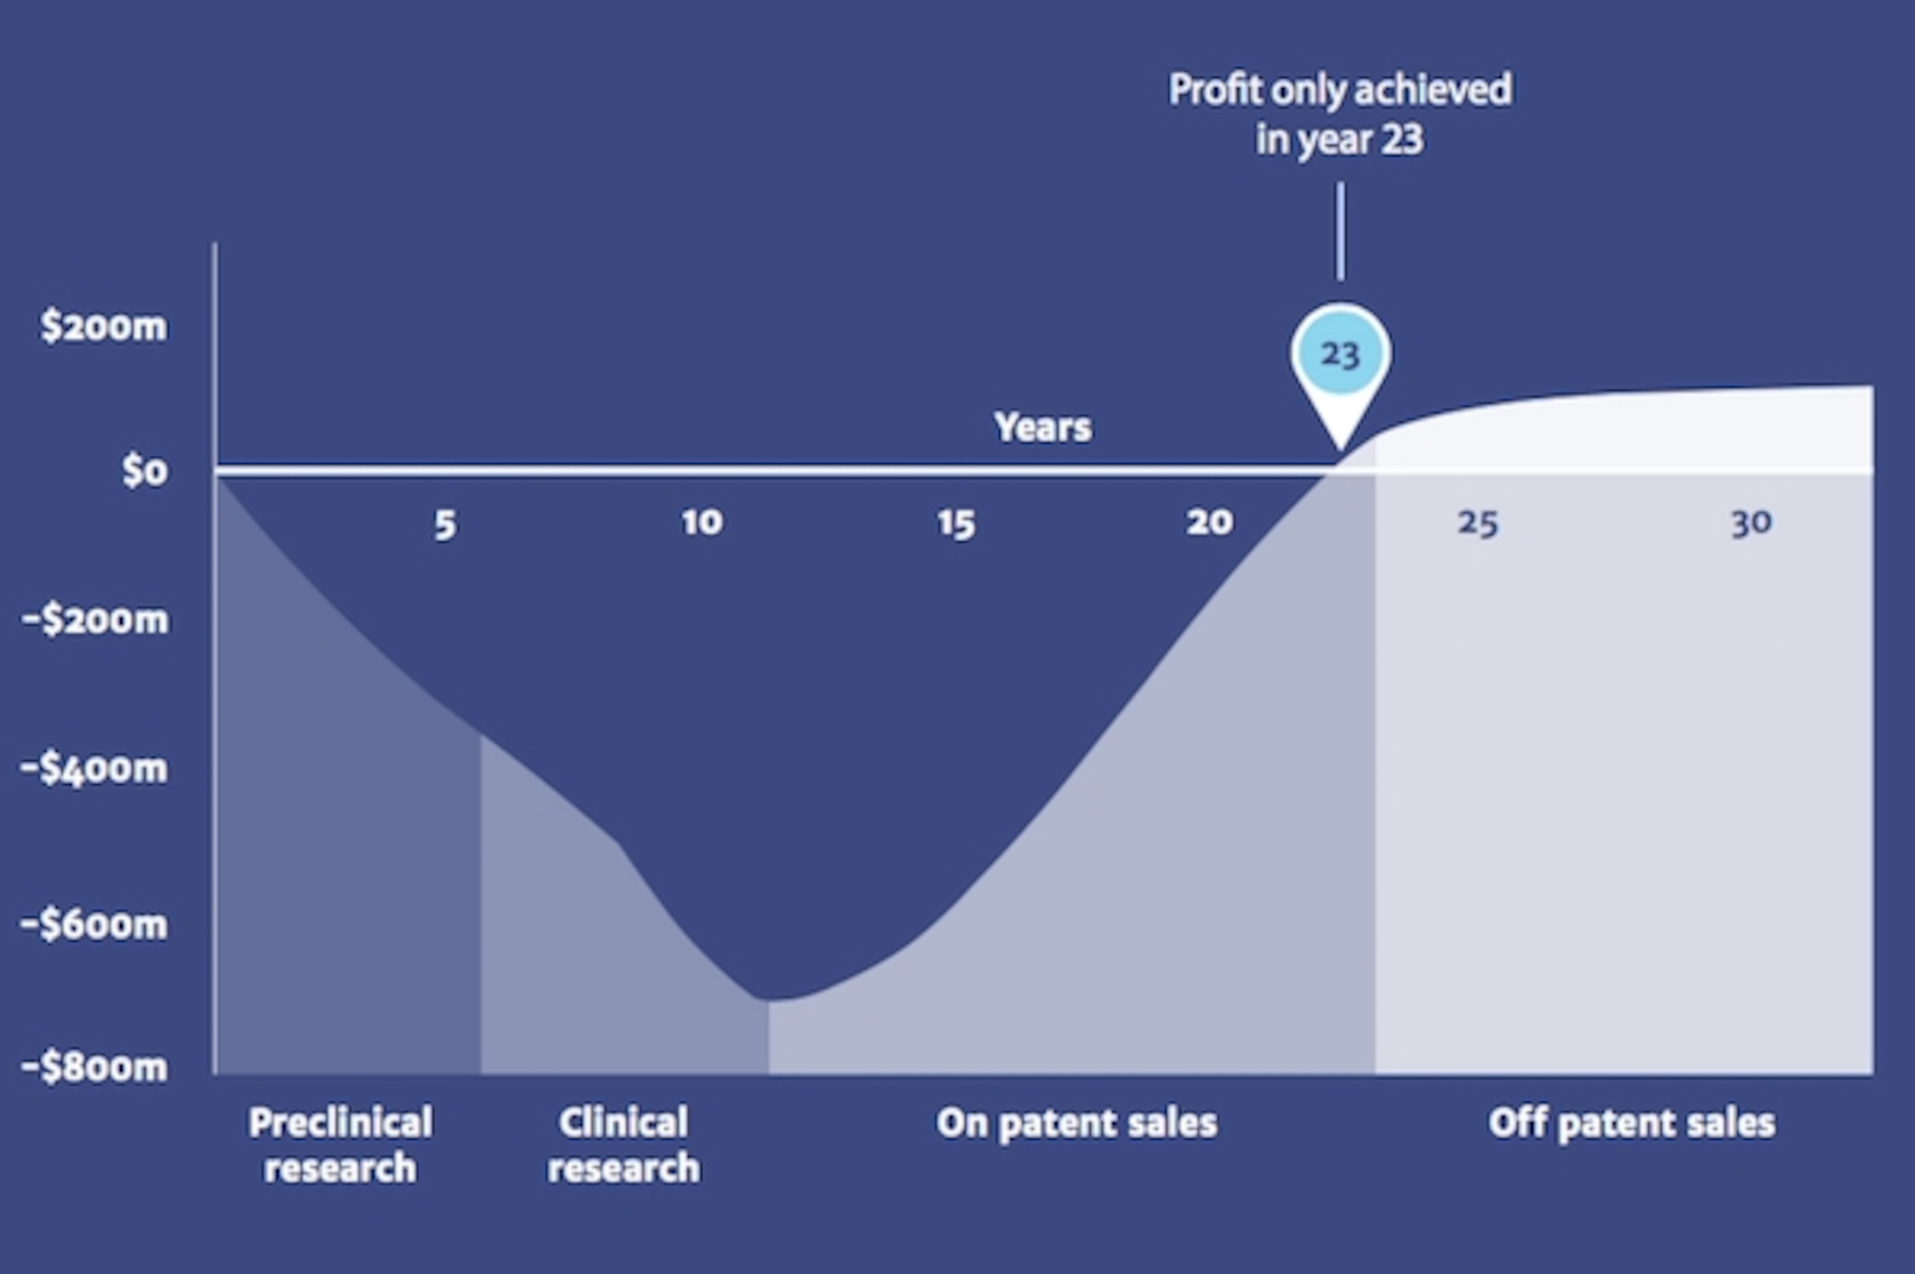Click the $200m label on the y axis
click(x=104, y=327)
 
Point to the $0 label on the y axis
click(x=145, y=470)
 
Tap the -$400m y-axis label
click(x=94, y=768)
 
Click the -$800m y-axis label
click(x=94, y=1067)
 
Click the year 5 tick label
click(x=445, y=525)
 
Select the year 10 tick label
click(x=702, y=523)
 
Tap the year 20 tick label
click(x=1209, y=523)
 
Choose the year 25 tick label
click(x=1477, y=523)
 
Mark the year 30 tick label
click(x=1751, y=523)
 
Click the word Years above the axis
click(x=1043, y=427)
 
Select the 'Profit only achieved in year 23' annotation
click(x=1340, y=113)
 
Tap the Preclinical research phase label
click(x=340, y=1145)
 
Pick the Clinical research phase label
click(x=623, y=1145)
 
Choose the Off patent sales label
click(x=1631, y=1124)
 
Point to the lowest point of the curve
click(x=767, y=1000)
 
